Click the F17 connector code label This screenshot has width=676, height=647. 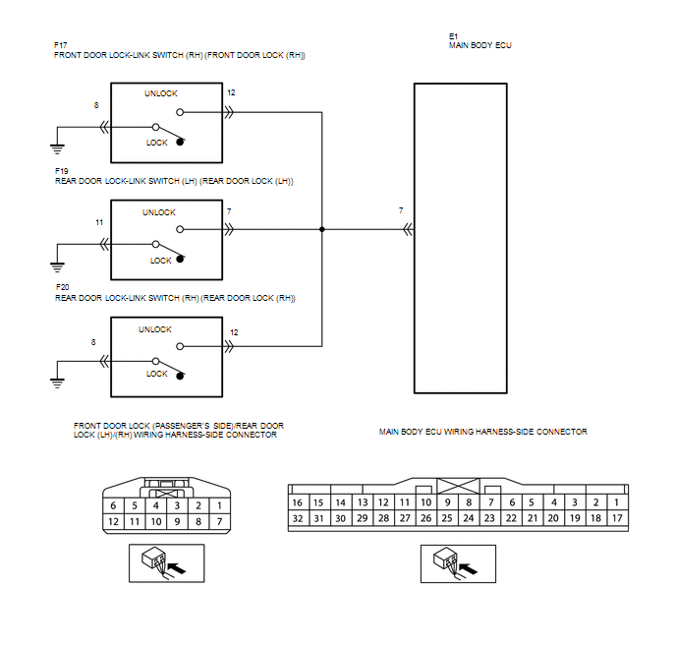click(60, 45)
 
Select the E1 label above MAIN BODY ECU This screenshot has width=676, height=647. click(453, 36)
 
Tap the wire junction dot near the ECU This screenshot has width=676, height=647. click(321, 229)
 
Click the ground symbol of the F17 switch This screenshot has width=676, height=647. click(57, 148)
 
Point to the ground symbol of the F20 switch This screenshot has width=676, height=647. click(57, 383)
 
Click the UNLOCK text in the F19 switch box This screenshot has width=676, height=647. click(159, 212)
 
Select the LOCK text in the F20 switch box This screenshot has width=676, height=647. click(156, 374)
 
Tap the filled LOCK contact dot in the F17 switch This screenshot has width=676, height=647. click(180, 142)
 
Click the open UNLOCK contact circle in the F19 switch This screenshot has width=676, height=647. click(180, 229)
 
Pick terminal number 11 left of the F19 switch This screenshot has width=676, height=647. click(99, 222)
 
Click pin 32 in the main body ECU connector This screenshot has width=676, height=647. click(298, 518)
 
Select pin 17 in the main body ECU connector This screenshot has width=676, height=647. click(617, 518)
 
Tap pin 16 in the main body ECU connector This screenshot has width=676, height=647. click(298, 502)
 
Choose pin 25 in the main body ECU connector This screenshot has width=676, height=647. click(447, 518)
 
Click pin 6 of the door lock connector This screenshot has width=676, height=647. click(113, 505)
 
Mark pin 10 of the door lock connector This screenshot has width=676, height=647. click(156, 522)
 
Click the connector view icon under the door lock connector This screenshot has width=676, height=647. click(166, 563)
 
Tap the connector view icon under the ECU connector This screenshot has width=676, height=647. click(458, 563)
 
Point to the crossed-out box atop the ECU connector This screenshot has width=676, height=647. click(458, 486)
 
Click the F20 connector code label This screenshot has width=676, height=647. click(63, 287)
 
